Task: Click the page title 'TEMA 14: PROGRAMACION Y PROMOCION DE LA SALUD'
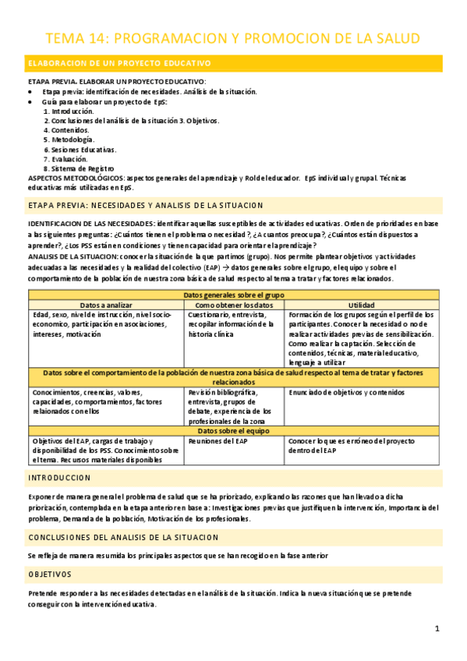233,38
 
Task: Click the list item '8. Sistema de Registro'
79,168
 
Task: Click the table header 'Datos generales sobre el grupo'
234,295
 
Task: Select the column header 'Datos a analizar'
106,305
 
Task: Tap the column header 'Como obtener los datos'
235,305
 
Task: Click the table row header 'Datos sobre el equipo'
234,430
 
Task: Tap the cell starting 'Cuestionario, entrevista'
230,323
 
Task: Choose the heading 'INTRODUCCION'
59,477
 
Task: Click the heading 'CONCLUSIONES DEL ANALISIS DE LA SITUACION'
123,538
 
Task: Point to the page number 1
437,628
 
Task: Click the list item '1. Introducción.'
69,111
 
